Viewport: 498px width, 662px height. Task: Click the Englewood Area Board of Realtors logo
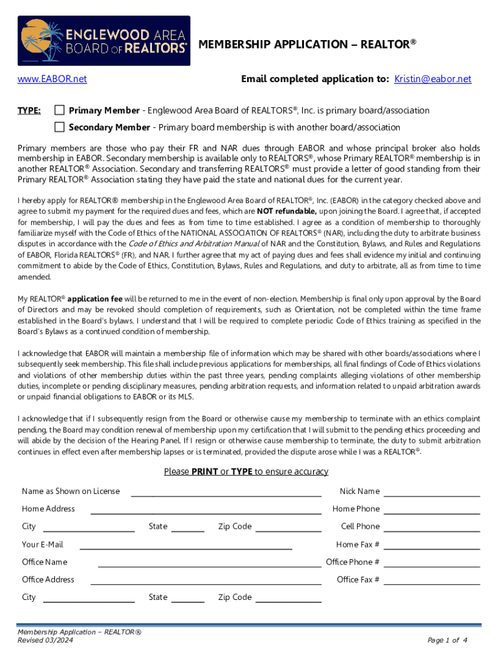(103, 41)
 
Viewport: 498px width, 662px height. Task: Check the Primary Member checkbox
(60, 110)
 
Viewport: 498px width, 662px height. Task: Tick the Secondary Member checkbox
(60, 127)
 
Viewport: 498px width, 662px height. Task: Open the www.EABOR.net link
(52, 80)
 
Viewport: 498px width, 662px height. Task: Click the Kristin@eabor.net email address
(433, 80)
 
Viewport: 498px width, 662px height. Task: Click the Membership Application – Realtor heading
(307, 45)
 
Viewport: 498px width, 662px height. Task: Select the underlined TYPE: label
(29, 111)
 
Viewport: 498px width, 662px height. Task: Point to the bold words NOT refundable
(287, 211)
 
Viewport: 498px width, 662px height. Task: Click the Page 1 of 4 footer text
(448, 640)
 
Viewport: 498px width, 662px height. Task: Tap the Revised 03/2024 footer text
(45, 640)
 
